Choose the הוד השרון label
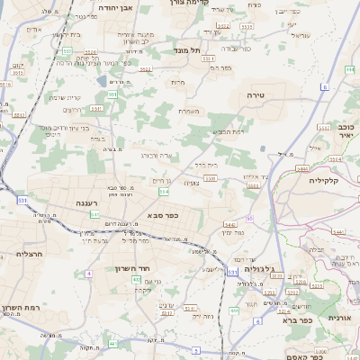point(135,268)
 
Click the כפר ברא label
point(296,319)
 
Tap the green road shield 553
point(67,51)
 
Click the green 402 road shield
point(136,280)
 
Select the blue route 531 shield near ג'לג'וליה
point(233,271)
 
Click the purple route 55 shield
point(249,218)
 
